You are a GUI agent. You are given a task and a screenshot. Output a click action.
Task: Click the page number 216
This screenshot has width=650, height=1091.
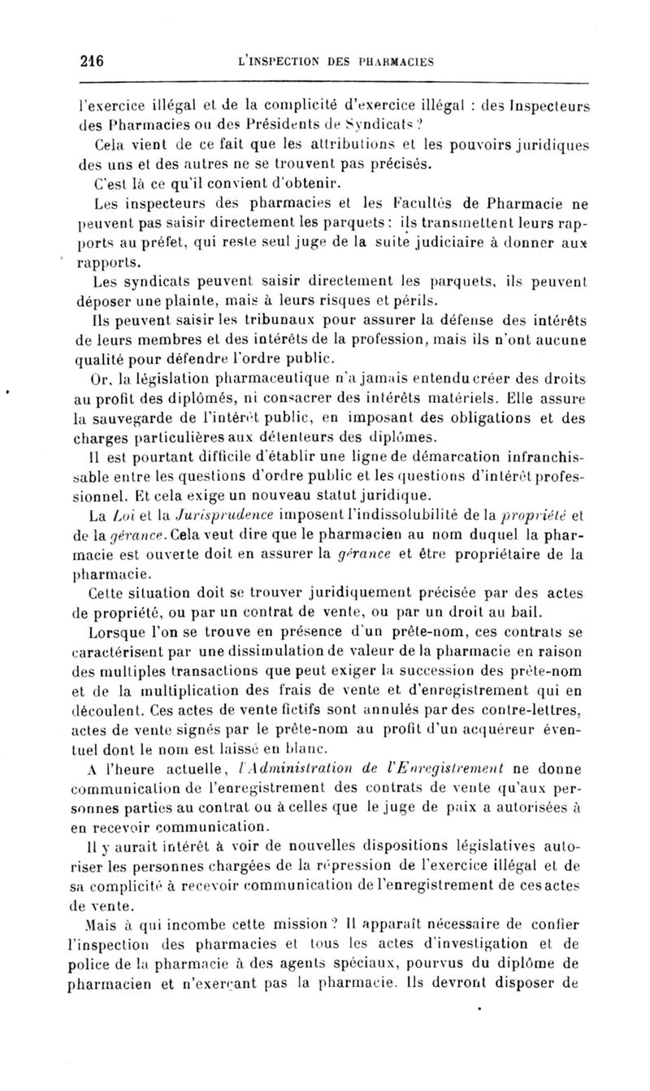tap(96, 58)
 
